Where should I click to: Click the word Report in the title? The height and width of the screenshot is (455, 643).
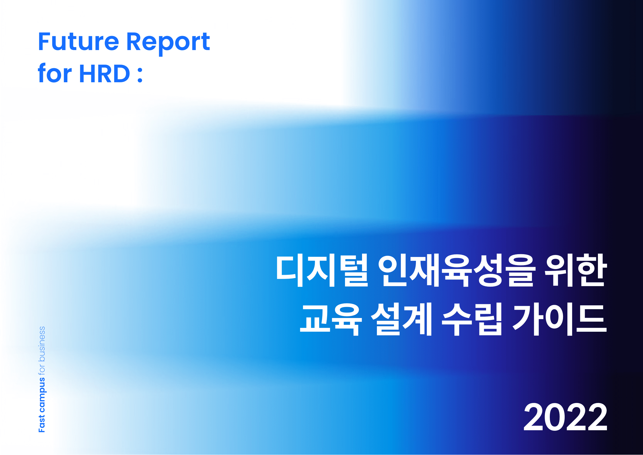pos(168,43)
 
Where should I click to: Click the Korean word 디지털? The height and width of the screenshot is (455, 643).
pos(322,271)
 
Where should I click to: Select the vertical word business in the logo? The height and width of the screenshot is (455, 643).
pos(42,344)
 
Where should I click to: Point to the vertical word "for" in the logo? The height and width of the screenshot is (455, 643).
pos(42,369)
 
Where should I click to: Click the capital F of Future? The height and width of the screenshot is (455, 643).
pos(45,42)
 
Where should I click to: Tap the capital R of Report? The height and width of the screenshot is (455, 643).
pos(134,42)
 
